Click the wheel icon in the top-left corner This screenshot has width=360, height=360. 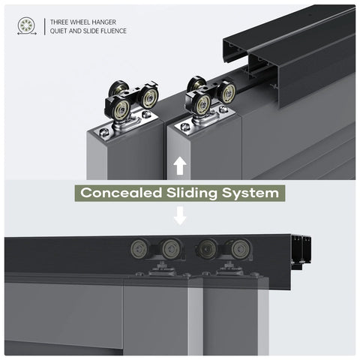pyautogui.click(x=27, y=25)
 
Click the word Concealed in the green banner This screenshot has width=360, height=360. pyautogui.click(x=121, y=193)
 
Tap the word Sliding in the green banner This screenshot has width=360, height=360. pyautogui.click(x=192, y=193)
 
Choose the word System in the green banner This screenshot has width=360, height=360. pyautogui.click(x=250, y=193)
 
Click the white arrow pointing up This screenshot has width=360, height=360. pyautogui.click(x=180, y=166)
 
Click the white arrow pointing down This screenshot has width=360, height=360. pyautogui.click(x=180, y=215)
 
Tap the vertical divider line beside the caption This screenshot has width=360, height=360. pyautogui.click(x=45, y=26)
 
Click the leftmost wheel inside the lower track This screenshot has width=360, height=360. pyautogui.click(x=139, y=249)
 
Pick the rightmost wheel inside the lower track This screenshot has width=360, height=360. pyautogui.click(x=240, y=249)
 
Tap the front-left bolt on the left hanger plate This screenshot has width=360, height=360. pyautogui.click(x=104, y=132)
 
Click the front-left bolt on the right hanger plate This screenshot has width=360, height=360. pyautogui.click(x=185, y=127)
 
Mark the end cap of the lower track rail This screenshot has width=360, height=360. pyautogui.click(x=301, y=253)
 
